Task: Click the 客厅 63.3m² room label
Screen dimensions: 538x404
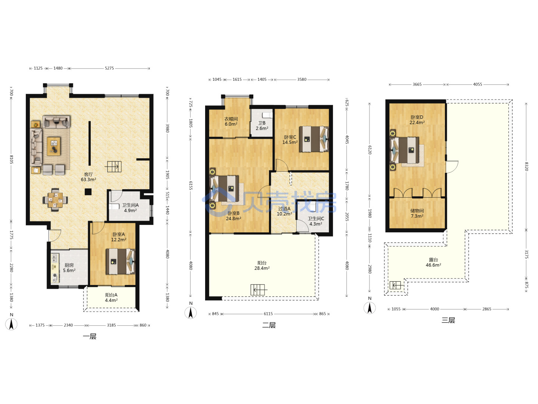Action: point(88,177)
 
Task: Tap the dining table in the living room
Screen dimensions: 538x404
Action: point(55,200)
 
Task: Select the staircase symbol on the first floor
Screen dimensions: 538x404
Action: point(114,166)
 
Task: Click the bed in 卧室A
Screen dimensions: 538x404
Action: point(120,261)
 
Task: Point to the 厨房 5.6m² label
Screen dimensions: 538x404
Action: point(69,267)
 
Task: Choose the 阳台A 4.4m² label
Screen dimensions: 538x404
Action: point(111,297)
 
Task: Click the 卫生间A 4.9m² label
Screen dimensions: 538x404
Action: point(130,208)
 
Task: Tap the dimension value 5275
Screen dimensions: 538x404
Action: point(109,68)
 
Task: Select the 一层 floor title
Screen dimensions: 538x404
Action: point(90,336)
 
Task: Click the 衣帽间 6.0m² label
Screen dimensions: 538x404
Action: point(231,122)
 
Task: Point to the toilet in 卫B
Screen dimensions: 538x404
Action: point(267,115)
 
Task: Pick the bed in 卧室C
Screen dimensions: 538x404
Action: point(314,139)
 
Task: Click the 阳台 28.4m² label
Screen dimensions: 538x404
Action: point(262,266)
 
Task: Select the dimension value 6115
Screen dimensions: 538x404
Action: point(268,314)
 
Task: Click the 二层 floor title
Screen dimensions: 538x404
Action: point(269,325)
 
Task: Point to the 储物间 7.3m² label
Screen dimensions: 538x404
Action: point(417,213)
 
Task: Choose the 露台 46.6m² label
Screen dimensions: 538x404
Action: point(433,263)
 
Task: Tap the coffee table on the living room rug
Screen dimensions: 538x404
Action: point(54,146)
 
